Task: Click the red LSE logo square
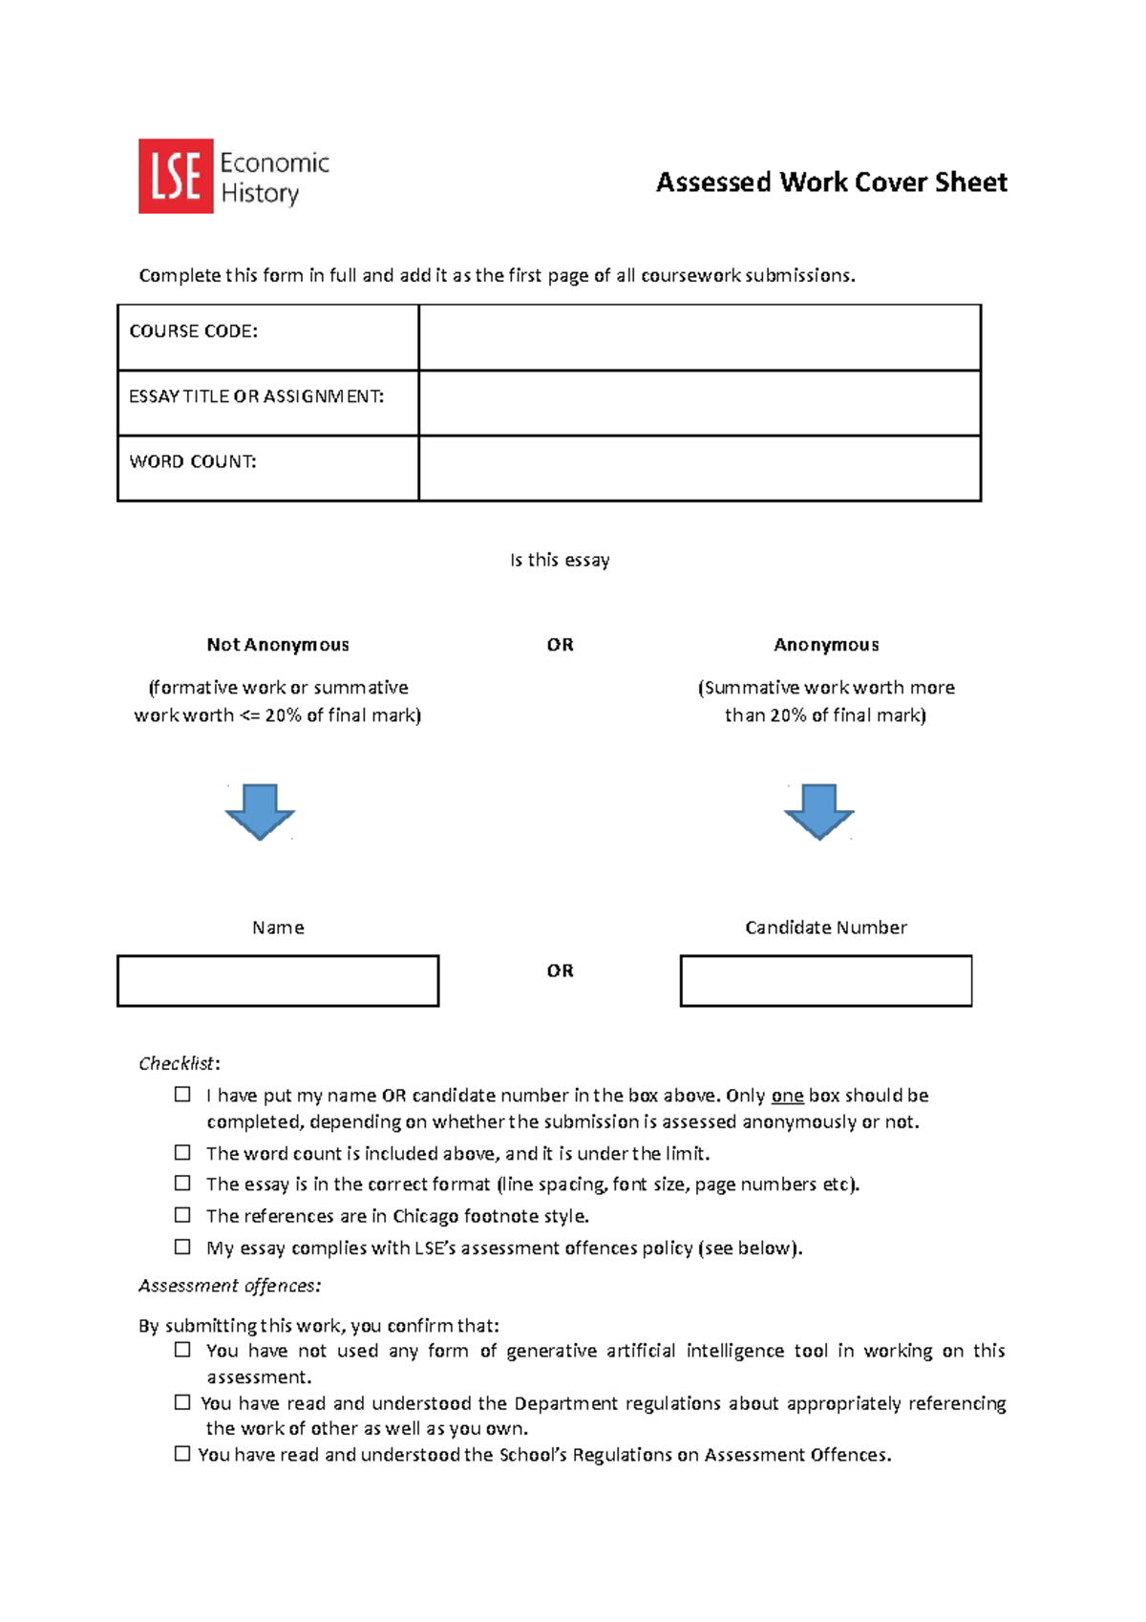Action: [176, 176]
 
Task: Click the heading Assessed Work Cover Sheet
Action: [831, 182]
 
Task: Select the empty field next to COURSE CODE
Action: [699, 337]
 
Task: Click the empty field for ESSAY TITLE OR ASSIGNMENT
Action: [699, 403]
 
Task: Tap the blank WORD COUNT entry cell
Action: [699, 468]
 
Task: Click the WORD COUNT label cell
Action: [267, 468]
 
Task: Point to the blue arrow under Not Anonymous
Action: [260, 812]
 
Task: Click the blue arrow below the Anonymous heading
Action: [819, 812]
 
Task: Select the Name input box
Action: [278, 981]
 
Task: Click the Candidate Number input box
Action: [826, 981]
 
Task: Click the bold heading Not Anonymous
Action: [278, 645]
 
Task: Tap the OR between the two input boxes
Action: [561, 971]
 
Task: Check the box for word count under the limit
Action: [182, 1153]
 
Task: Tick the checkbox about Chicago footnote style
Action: [182, 1215]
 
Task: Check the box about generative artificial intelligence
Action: [182, 1350]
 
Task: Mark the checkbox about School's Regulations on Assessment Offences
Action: [182, 1454]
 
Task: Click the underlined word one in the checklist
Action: [787, 1096]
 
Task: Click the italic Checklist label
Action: [178, 1063]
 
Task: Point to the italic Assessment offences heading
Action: [230, 1286]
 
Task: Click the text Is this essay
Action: [560, 560]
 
